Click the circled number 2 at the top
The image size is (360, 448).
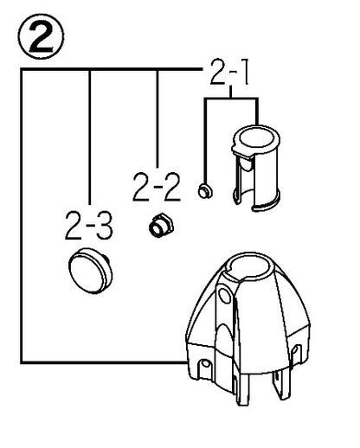(x=41, y=36)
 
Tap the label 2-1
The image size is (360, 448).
(x=229, y=72)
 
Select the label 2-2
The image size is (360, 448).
(x=157, y=187)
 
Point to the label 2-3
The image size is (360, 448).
(x=88, y=225)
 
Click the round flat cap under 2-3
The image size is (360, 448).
(x=90, y=271)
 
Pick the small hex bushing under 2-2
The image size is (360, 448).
(x=161, y=226)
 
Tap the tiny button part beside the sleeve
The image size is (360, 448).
(x=205, y=191)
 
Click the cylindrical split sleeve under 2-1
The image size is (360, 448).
(x=255, y=168)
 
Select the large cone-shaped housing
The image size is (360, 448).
(x=247, y=328)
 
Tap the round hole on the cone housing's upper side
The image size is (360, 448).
(x=225, y=295)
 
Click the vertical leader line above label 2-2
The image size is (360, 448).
(x=157, y=118)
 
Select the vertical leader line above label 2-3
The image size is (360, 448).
(x=90, y=138)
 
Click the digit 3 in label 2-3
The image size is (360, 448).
(x=104, y=226)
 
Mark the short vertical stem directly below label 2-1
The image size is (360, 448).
(x=230, y=92)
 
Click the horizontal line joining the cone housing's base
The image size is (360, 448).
(x=104, y=362)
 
